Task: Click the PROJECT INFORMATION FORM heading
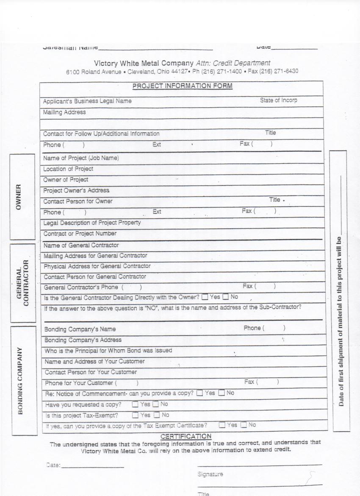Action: pyautogui.click(x=183, y=86)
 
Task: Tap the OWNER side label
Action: pyautogui.click(x=18, y=197)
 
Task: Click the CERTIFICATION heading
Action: pyautogui.click(x=186, y=436)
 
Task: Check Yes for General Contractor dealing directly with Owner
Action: pyautogui.click(x=205, y=297)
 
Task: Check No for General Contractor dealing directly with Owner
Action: pyautogui.click(x=226, y=297)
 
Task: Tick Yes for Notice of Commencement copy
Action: pyautogui.click(x=199, y=393)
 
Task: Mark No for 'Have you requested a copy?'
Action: pyautogui.click(x=155, y=404)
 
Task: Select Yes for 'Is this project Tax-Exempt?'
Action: pyautogui.click(x=135, y=415)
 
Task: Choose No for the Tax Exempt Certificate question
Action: pyautogui.click(x=244, y=425)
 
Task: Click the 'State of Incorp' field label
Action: pyautogui.click(x=278, y=100)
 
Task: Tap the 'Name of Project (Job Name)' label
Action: pyautogui.click(x=81, y=158)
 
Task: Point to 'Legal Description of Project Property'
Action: pyautogui.click(x=92, y=223)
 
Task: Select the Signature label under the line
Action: pyautogui.click(x=210, y=474)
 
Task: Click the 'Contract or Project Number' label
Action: pyautogui.click(x=80, y=234)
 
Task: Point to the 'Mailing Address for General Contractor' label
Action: pyautogui.click(x=96, y=256)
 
